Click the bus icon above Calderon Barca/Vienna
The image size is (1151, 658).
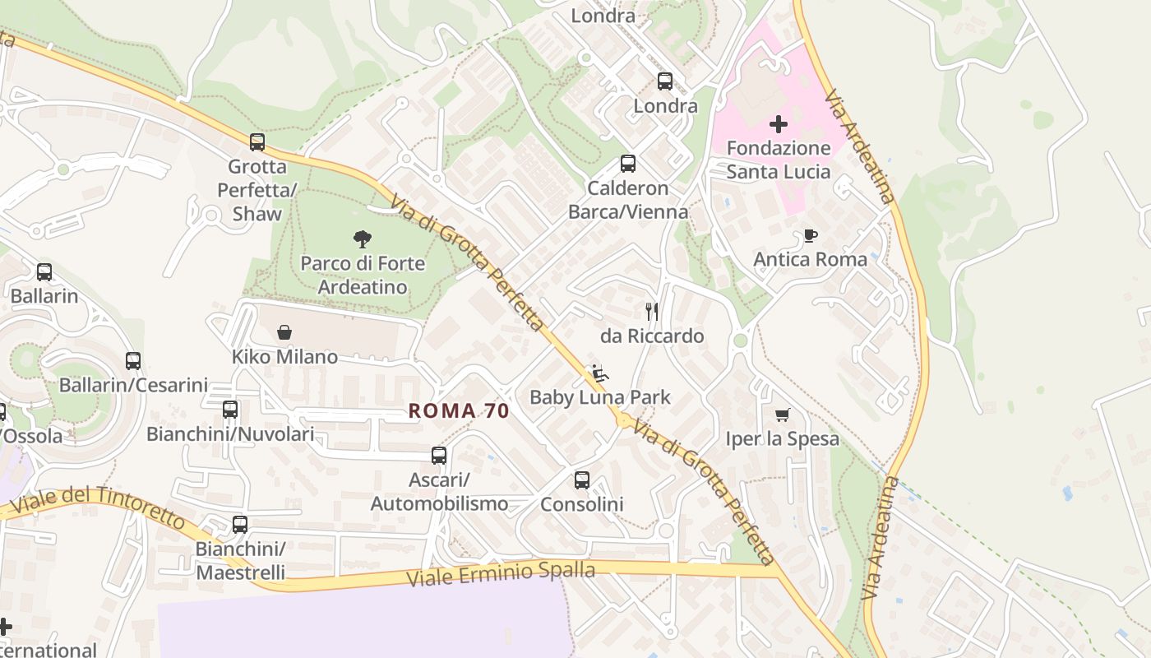click(x=628, y=164)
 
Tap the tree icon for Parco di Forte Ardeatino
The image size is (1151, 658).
click(x=362, y=239)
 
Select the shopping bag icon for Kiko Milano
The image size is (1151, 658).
click(x=284, y=332)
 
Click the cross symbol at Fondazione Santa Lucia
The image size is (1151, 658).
click(x=778, y=124)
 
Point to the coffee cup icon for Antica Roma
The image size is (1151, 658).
click(x=811, y=236)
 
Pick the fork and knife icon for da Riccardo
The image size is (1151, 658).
click(x=652, y=312)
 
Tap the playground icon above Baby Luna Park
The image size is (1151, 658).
click(x=600, y=373)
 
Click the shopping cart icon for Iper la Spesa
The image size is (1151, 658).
click(x=782, y=415)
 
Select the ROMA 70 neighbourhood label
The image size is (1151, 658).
click(x=459, y=410)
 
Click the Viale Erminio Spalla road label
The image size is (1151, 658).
click(x=502, y=572)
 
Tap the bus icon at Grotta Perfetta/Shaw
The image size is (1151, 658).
click(x=257, y=142)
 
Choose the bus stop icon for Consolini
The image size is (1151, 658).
click(x=582, y=480)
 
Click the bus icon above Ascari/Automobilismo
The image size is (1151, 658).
click(x=439, y=456)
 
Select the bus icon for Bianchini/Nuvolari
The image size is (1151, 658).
click(x=230, y=410)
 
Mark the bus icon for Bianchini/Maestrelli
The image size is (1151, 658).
click(x=240, y=525)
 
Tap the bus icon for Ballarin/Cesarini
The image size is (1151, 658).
click(x=133, y=361)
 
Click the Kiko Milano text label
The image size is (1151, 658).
click(x=284, y=357)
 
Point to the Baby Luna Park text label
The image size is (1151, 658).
click(x=600, y=397)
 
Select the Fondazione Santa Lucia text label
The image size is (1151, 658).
click(x=778, y=160)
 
